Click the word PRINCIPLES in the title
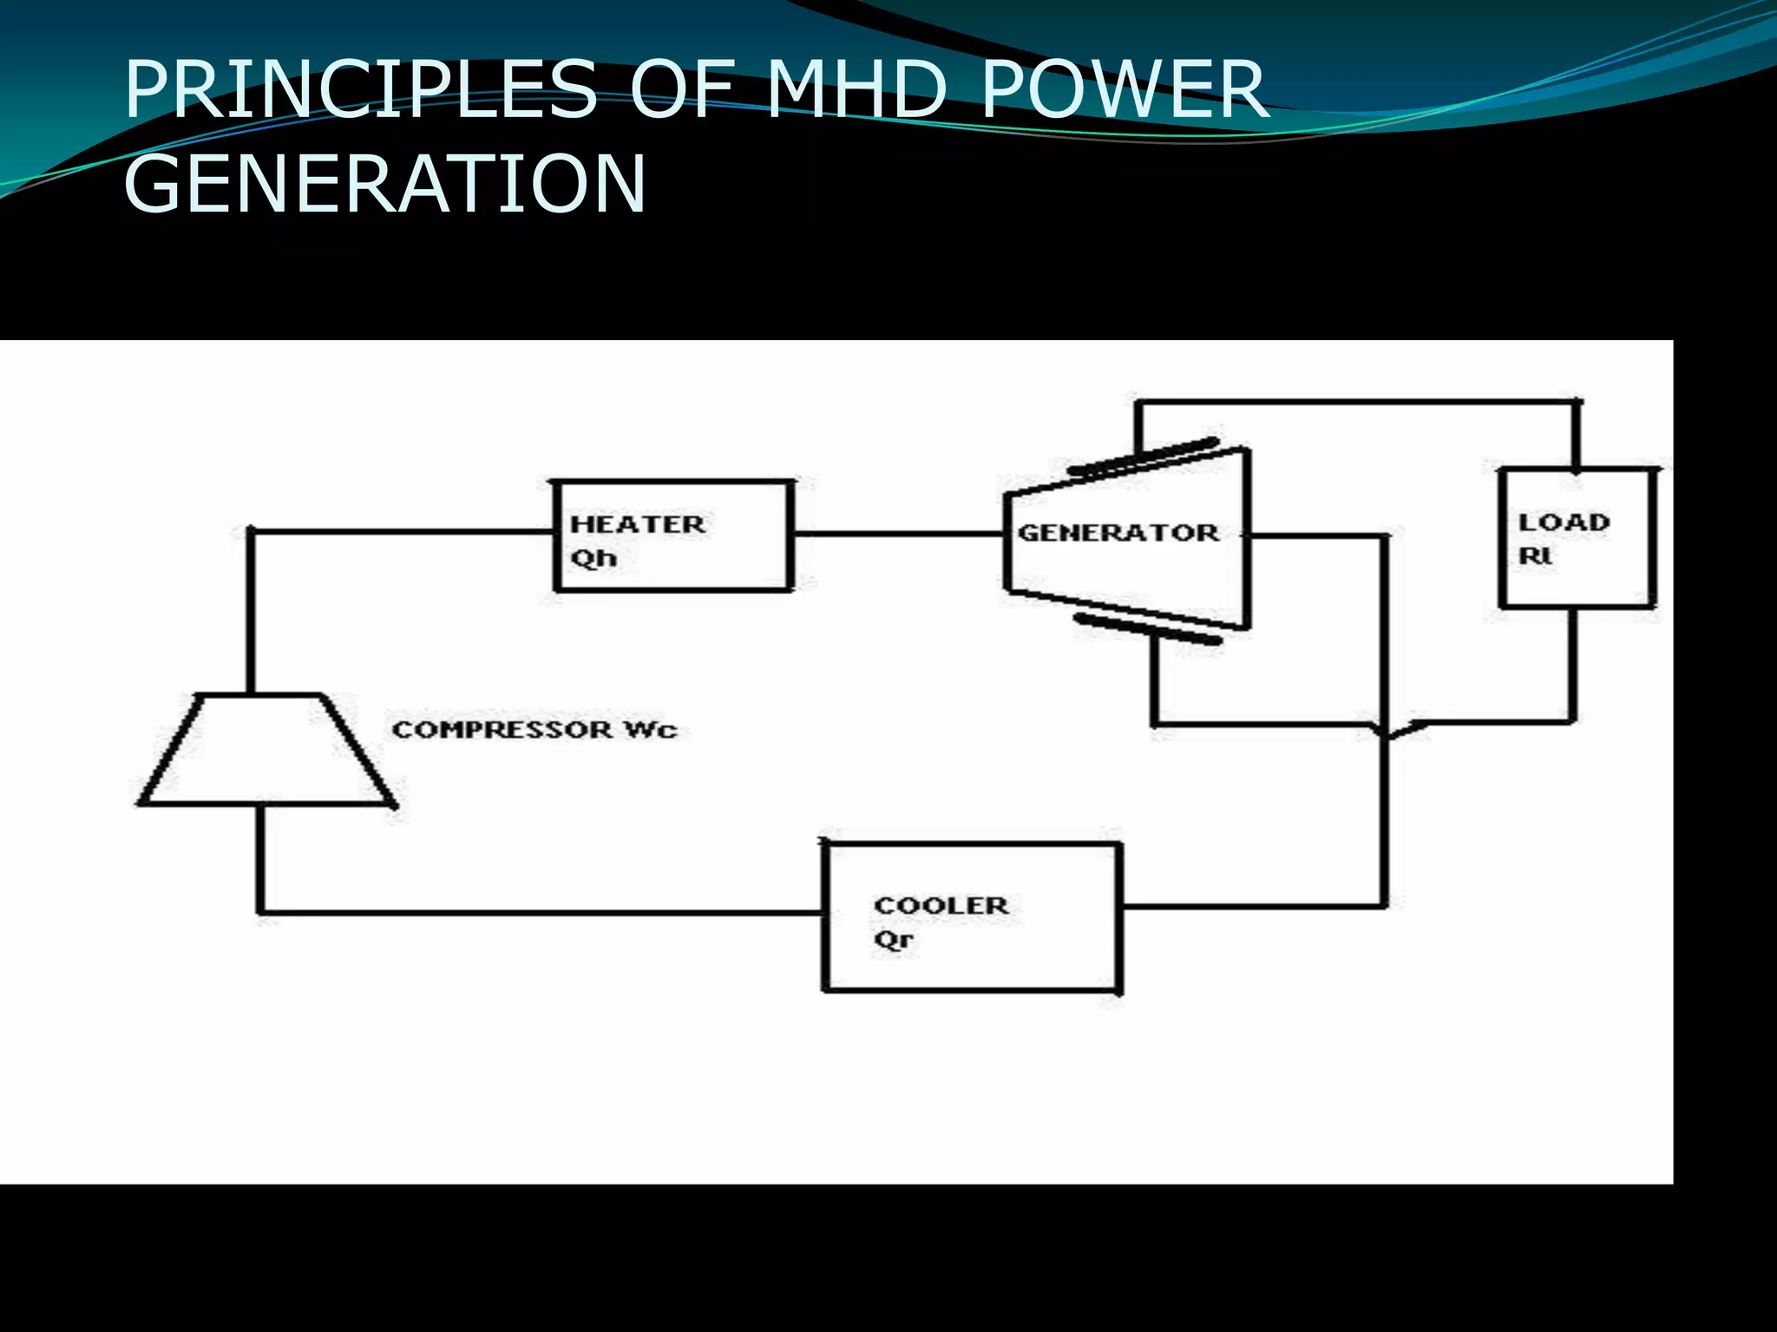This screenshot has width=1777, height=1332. point(360,89)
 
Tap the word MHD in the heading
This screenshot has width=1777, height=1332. point(856,89)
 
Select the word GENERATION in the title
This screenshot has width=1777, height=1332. point(385,183)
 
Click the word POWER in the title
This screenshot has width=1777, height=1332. point(1124,89)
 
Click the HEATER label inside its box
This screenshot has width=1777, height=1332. point(638,524)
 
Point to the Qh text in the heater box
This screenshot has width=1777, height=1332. point(593,558)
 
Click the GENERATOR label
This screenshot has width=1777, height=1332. point(1118,532)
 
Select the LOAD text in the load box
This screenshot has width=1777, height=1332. point(1564,522)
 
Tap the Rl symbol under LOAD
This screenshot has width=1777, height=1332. point(1534,556)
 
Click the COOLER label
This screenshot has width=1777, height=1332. point(941,905)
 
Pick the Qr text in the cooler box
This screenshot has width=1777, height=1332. point(893,940)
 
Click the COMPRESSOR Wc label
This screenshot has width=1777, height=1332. point(534,729)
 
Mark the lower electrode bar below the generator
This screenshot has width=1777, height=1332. point(1147,630)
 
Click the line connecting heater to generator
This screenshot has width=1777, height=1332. point(898,533)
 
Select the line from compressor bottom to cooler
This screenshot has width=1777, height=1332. point(538,911)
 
